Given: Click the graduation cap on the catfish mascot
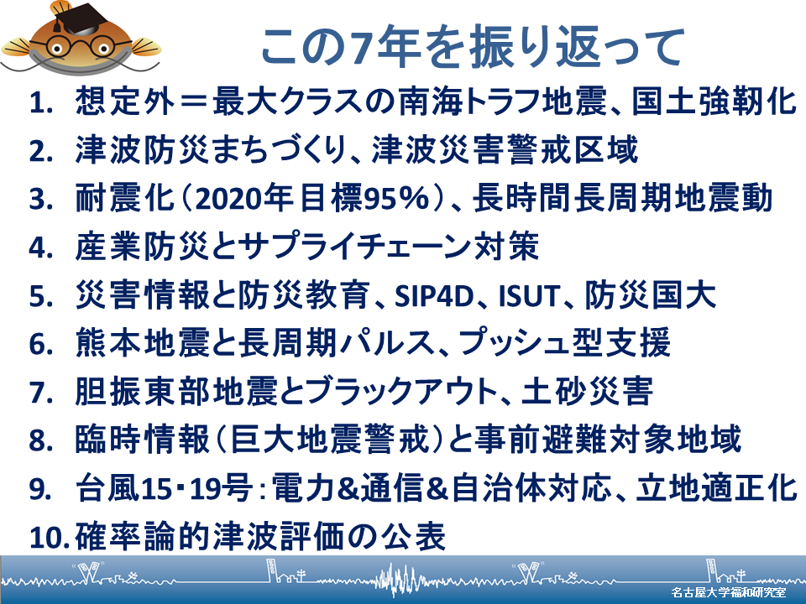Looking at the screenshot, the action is point(76,18).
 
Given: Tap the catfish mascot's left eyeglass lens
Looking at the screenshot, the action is point(56,47).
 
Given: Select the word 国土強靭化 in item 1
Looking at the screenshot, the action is point(714,102).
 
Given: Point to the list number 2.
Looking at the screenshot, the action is point(41,151).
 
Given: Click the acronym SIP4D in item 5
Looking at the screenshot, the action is point(434,296).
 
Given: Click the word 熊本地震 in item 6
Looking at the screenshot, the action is point(142,343).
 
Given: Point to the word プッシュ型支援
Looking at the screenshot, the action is point(564,343).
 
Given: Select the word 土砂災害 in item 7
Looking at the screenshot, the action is point(588,392).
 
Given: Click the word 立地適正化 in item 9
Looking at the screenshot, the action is point(716,488).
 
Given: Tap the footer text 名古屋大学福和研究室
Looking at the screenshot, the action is point(729,591).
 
